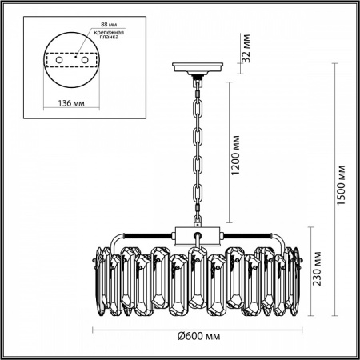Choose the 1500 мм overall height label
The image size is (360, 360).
point(341,186)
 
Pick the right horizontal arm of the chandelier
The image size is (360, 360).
point(248,234)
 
